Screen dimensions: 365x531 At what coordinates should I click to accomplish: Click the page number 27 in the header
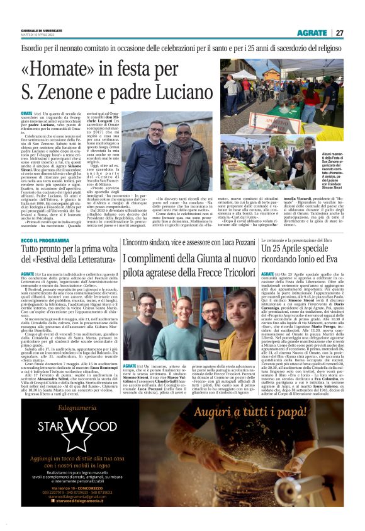(x=339, y=33)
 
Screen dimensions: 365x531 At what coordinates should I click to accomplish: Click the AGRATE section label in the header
(x=312, y=33)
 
